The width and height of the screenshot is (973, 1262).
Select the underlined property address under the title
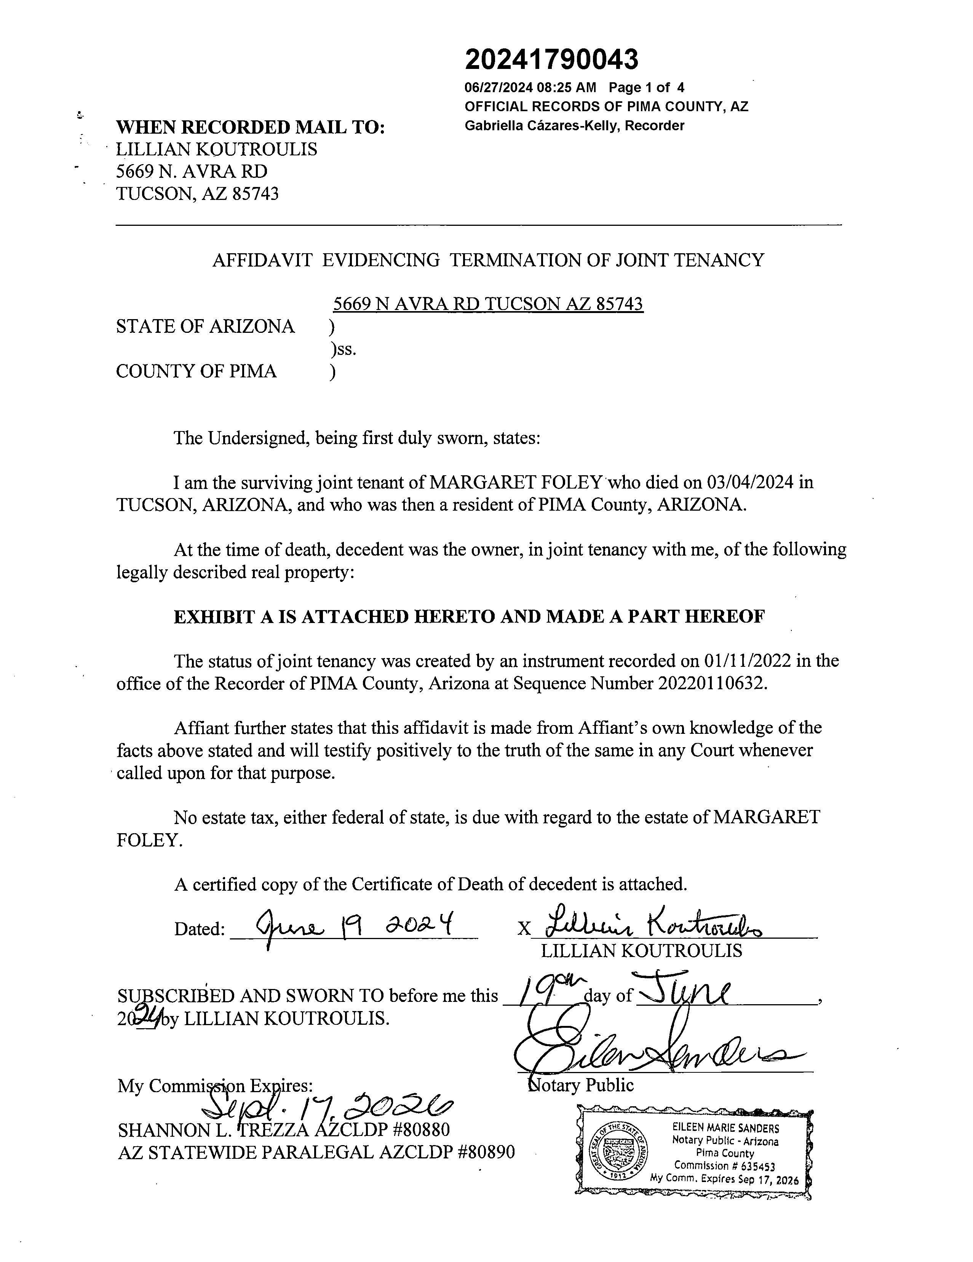(488, 304)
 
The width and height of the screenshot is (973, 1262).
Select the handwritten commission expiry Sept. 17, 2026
(326, 1107)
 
